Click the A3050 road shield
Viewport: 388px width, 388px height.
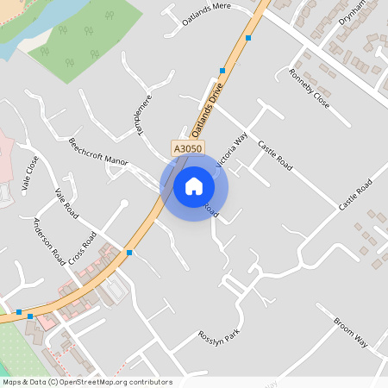186,148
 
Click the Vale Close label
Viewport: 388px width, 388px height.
30,172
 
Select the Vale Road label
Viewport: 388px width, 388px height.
66,203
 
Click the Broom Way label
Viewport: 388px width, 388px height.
350,332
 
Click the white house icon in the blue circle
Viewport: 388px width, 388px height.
194,185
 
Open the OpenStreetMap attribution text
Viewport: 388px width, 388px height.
86,382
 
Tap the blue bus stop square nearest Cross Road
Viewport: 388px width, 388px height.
129,253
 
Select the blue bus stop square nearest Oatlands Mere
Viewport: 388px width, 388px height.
248,38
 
